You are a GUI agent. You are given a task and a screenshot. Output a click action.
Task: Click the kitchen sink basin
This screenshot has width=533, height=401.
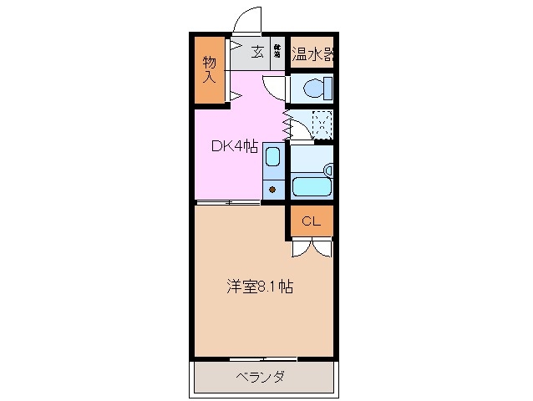click(272, 158)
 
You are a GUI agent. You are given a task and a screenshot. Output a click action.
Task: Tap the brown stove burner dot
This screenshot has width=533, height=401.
click(272, 189)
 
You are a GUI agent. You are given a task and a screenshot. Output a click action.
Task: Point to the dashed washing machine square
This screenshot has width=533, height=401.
click(321, 124)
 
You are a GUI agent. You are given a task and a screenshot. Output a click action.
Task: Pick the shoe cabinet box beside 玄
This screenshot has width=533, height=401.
click(276, 53)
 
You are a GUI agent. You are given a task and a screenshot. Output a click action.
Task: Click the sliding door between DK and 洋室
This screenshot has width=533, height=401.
click(228, 202)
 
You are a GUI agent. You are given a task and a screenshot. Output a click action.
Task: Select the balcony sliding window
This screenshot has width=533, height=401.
click(263, 359)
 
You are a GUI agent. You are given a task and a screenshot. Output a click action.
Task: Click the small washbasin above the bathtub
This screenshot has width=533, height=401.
click(328, 170)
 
